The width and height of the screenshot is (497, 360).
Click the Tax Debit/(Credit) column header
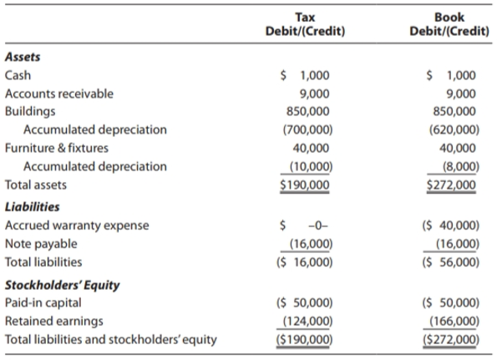coord(305,24)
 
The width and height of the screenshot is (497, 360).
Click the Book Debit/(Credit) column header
coord(449,24)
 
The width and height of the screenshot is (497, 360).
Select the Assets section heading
coord(23,57)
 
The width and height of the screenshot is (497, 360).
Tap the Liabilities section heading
coord(32,207)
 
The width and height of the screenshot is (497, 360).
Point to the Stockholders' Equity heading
coord(62,285)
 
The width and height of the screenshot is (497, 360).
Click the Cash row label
coord(18,75)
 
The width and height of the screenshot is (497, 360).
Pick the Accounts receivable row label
coord(59,94)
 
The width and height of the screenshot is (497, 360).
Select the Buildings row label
coord(30,112)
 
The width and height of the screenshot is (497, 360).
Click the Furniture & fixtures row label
coord(57,148)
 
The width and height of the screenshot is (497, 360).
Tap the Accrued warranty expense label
coord(77,226)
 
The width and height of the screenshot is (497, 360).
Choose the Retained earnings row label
coord(54,321)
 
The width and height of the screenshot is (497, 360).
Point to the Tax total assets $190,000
coord(305,185)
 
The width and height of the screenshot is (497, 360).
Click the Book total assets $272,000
coord(451,185)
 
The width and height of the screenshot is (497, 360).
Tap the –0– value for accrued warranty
coord(318,226)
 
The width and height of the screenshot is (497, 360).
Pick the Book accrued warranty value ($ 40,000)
coord(451,226)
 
